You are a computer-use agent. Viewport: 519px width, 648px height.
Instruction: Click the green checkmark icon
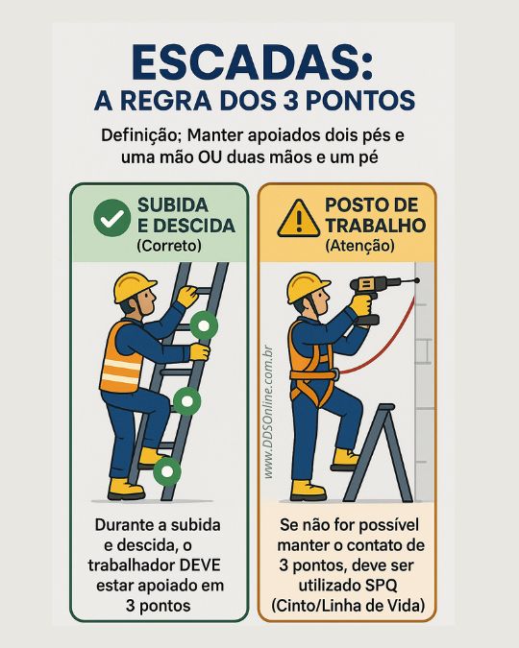pyautogui.click(x=111, y=217)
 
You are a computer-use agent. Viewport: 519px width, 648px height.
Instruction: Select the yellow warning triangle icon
pyautogui.click(x=297, y=219)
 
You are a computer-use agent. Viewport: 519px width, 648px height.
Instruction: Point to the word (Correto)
pyautogui.click(x=169, y=246)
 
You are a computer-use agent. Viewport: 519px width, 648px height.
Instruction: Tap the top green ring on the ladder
pyautogui.click(x=204, y=325)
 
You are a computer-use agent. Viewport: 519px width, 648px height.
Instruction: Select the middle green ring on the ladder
pyautogui.click(x=186, y=400)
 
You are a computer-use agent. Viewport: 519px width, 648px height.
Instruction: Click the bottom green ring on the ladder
pyautogui.click(x=167, y=471)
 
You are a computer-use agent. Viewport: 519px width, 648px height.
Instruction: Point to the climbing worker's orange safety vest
pyautogui.click(x=120, y=359)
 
